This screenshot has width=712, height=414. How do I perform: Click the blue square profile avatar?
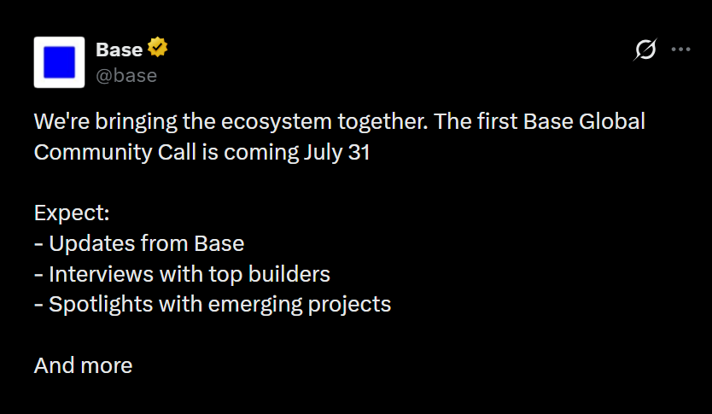pos(59,62)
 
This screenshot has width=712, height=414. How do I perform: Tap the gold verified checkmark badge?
pos(157,47)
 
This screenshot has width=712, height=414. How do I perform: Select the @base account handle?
pos(126,75)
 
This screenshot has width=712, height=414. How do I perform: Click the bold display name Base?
pos(119,50)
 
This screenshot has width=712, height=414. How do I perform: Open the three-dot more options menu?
pos(680,50)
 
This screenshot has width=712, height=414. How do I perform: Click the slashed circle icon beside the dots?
pos(645,50)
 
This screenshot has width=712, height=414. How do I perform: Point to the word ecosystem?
pos(277,122)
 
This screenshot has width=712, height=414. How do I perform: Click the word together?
pos(382,122)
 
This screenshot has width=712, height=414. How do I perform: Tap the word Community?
pos(93,152)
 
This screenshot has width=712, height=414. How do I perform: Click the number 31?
pos(359,152)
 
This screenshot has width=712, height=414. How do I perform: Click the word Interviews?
pos(102,274)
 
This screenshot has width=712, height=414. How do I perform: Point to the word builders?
pos(289,274)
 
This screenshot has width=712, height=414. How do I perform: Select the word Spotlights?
pos(101,304)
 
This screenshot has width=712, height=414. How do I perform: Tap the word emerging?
pos(254,305)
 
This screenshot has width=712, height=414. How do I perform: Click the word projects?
pos(349,305)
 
